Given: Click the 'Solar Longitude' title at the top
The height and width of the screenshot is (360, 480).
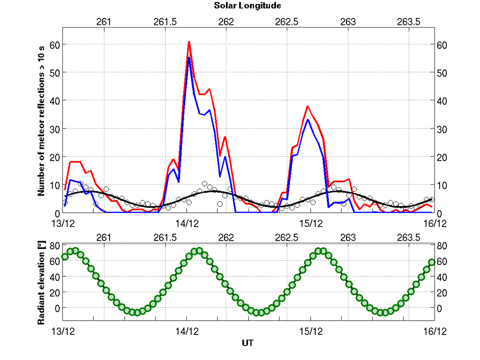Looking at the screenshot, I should click(247, 6).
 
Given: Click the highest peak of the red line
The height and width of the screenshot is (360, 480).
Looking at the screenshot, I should click(189, 42).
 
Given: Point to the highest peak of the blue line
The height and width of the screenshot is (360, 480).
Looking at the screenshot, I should click(189, 58).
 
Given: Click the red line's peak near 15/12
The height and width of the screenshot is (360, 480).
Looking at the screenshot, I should click(308, 107).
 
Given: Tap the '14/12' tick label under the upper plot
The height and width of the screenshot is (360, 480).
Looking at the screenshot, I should click(186, 223).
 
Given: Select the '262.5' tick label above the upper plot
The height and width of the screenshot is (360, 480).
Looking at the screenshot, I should click(287, 22).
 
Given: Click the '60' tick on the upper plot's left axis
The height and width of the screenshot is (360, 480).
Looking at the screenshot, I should click(54, 44).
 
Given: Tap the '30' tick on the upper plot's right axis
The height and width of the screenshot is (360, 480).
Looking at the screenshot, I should click(442, 128).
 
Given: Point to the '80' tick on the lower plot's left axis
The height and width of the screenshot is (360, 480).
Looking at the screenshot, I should click(54, 246).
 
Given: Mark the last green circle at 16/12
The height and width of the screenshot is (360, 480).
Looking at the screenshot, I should click(432, 262).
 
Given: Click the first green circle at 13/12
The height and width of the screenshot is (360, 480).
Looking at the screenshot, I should click(65, 256).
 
